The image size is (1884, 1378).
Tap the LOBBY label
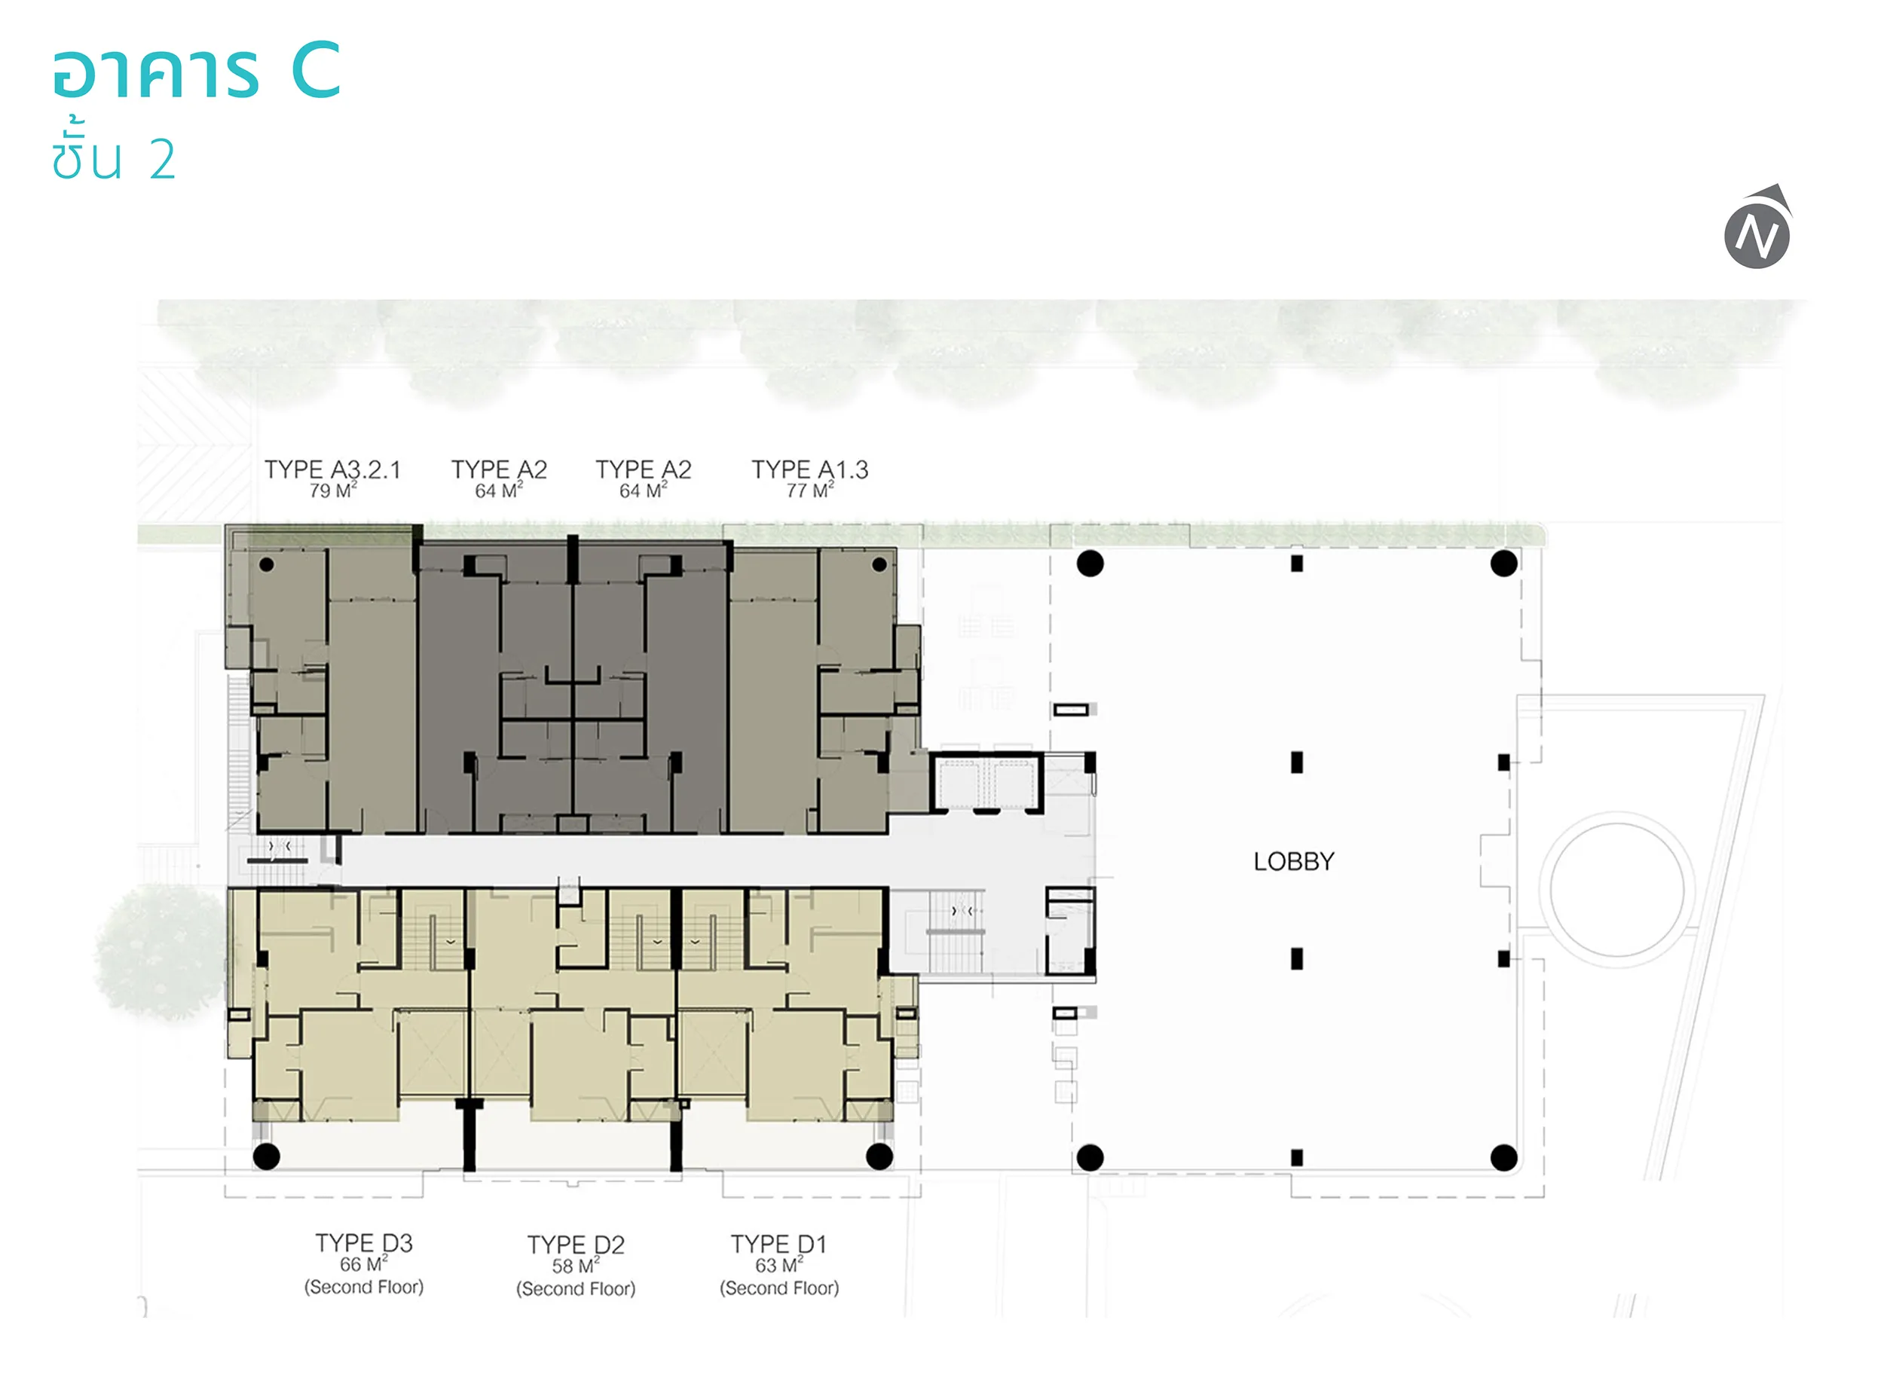pos(1293,862)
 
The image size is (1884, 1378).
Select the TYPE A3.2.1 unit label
pos(332,469)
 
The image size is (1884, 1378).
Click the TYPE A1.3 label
pos(809,469)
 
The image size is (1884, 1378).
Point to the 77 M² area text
pos(809,490)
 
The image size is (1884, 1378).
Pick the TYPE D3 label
pos(364,1243)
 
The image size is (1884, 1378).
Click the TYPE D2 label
pos(576,1245)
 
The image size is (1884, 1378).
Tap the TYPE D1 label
pos(778,1244)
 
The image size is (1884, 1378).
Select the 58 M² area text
pos(576,1266)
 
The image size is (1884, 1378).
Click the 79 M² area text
pos(333,490)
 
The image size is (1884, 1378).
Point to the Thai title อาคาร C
pos(197,70)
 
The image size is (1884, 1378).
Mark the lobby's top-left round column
pos(1090,564)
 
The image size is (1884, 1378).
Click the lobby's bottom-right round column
pos(1503,1158)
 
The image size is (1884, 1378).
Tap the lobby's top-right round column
pos(1503,564)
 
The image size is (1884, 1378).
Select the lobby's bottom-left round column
pos(1090,1158)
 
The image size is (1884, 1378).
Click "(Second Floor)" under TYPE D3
pos(364,1287)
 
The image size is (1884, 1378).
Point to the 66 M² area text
pos(364,1263)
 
